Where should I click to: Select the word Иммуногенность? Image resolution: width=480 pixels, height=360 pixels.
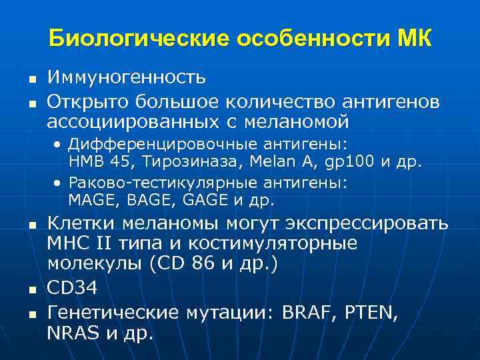coord(127,79)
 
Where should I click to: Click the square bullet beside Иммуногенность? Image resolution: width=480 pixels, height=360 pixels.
coord(31,80)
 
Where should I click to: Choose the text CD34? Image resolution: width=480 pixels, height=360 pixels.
coord(73,287)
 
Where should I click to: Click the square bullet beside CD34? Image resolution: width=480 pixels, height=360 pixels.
coord(31,289)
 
